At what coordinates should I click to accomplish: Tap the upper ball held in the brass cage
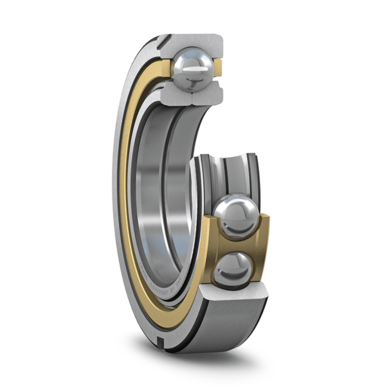236,219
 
